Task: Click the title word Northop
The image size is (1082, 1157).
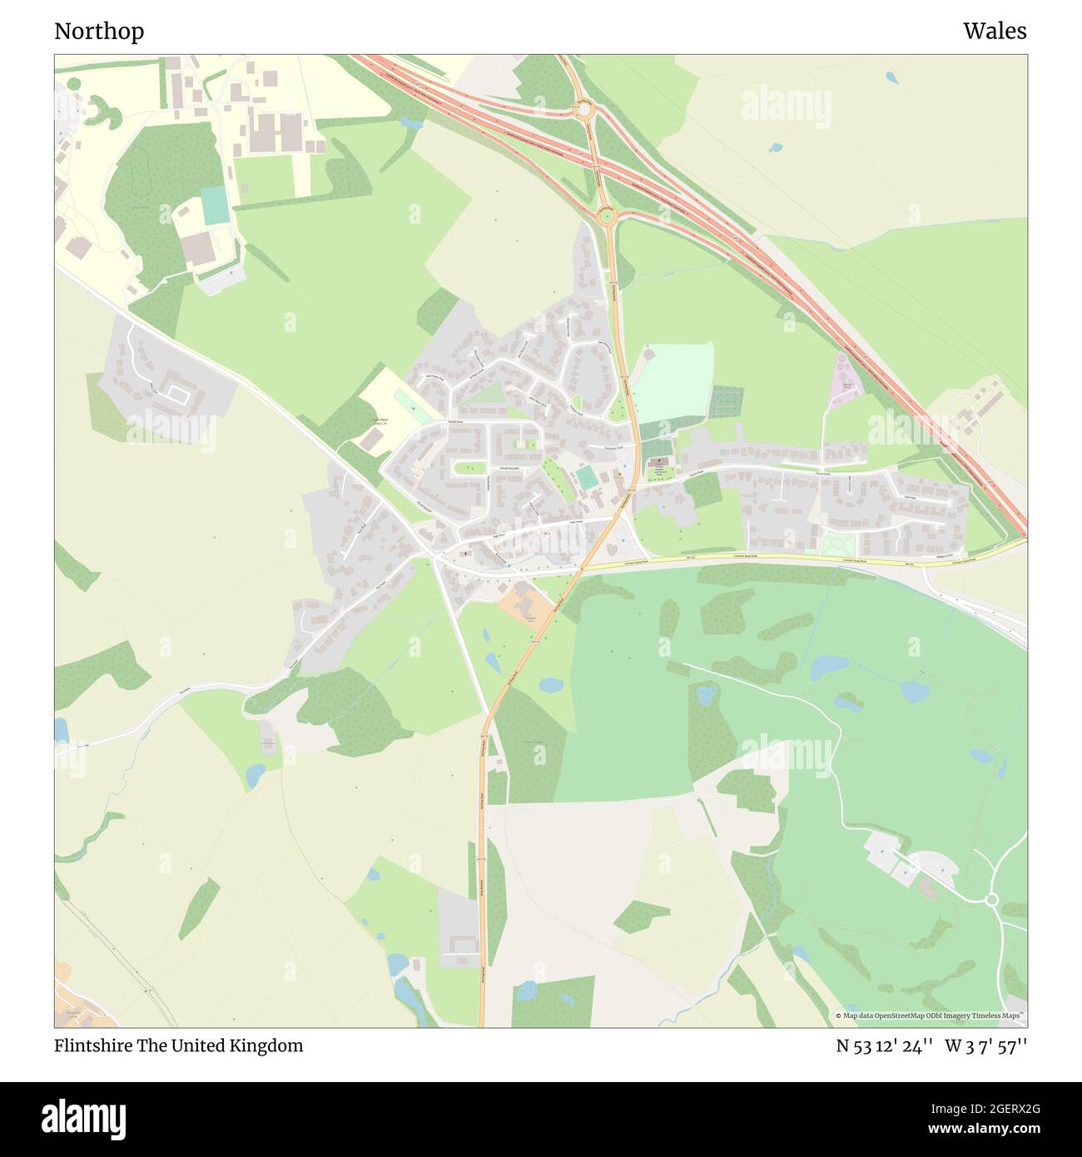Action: [x=99, y=32]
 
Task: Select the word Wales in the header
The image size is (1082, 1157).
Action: [x=995, y=32]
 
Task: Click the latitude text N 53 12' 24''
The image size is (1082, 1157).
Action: [x=886, y=1045]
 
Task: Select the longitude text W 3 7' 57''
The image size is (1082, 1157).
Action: [x=985, y=1045]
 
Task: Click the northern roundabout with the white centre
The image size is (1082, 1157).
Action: [x=583, y=109]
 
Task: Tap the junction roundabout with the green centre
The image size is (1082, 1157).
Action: [x=606, y=217]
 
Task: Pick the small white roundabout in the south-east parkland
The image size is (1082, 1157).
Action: [x=990, y=900]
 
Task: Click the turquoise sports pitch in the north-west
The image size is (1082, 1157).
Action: [x=216, y=205]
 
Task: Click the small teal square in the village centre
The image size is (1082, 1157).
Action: [x=587, y=478]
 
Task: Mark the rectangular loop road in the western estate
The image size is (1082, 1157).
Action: [x=176, y=389]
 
